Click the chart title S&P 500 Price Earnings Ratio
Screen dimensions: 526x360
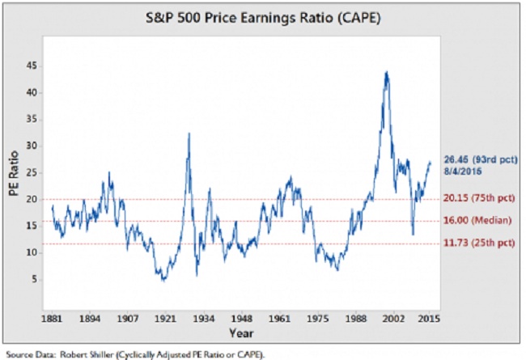tap(263, 18)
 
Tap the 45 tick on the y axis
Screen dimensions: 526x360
tap(32, 66)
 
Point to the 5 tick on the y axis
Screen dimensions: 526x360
tap(35, 279)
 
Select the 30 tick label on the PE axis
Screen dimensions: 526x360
tap(32, 146)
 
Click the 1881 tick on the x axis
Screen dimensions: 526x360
tap(52, 318)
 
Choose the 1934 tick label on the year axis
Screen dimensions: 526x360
tap(204, 318)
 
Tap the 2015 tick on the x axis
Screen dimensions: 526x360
tap(429, 318)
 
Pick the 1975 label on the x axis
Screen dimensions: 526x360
tap(318, 318)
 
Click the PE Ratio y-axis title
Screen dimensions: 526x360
tap(14, 173)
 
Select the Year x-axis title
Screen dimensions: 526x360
tap(241, 333)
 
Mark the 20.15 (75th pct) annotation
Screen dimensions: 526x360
tap(479, 198)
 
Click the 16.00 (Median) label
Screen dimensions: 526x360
tap(477, 220)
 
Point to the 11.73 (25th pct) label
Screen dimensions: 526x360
tap(479, 243)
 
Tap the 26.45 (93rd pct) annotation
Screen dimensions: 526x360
tap(481, 159)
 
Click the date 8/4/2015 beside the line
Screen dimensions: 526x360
tap(463, 172)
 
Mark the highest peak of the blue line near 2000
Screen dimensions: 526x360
tap(387, 72)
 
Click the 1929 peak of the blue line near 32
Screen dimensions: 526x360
tap(189, 133)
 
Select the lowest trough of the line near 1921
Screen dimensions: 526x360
tap(163, 280)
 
